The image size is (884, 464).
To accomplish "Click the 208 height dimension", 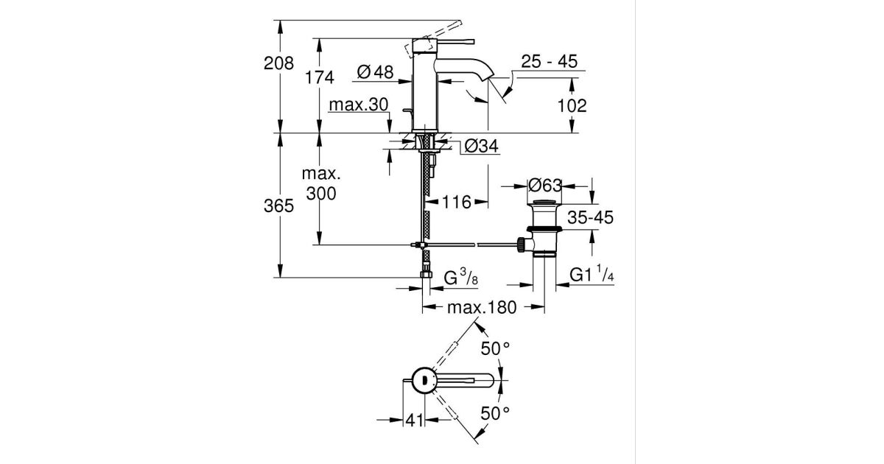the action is click(278, 63).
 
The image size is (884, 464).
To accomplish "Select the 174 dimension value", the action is click(319, 77).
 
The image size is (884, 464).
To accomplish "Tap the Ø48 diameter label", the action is click(375, 72).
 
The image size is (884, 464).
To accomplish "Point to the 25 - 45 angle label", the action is click(549, 62).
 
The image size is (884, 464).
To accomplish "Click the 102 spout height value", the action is click(572, 106).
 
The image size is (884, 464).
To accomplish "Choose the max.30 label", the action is click(359, 105).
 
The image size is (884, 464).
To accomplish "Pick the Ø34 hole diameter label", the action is click(482, 147).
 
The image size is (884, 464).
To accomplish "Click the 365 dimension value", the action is click(278, 206).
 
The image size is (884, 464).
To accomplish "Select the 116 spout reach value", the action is click(456, 203).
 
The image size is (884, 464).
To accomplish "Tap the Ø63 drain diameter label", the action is click(545, 186).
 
